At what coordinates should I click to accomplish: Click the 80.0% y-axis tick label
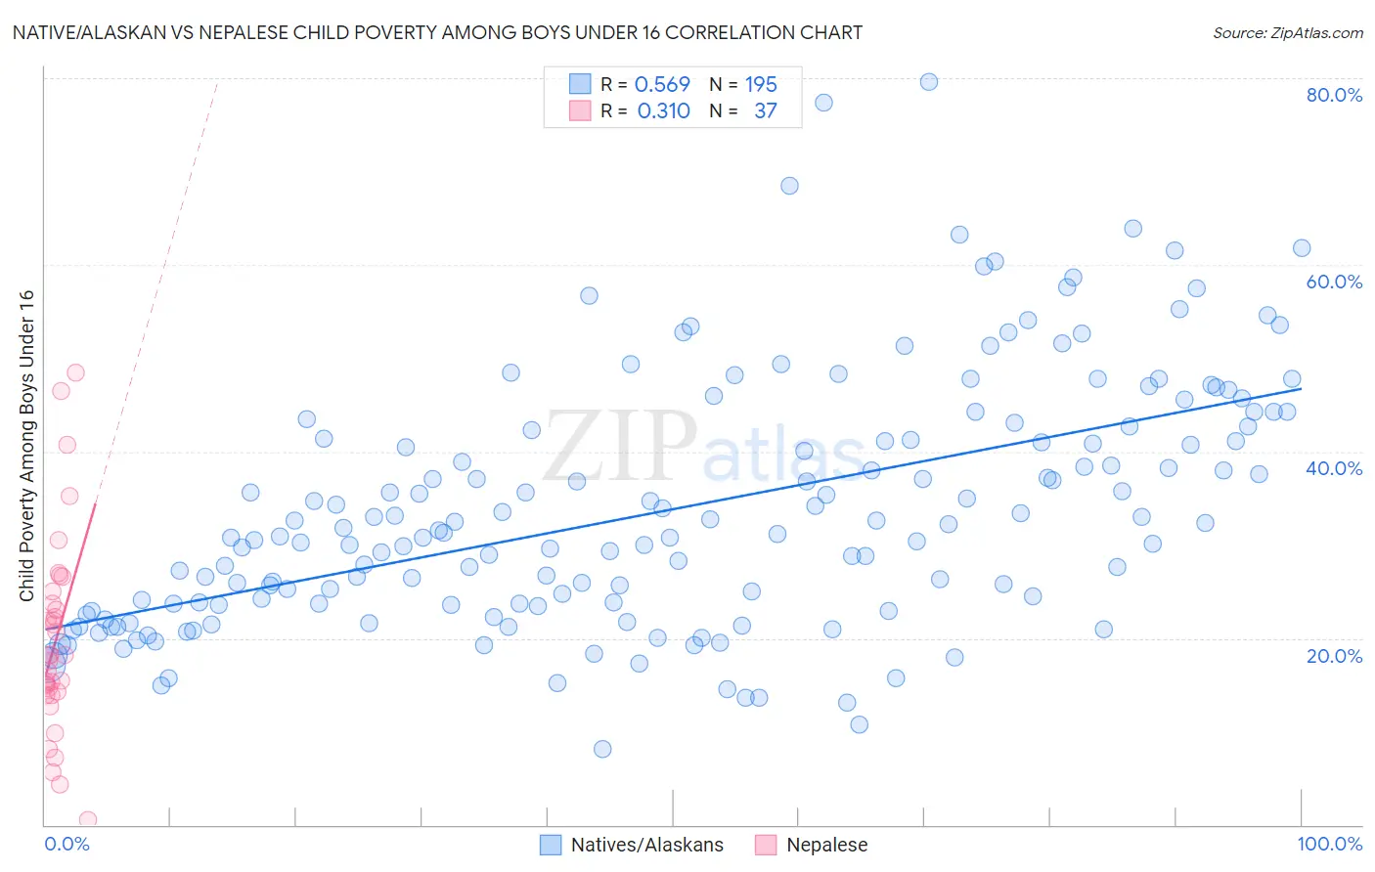1334,95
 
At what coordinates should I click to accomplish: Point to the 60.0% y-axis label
1334,282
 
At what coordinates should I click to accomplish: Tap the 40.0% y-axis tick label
1334,468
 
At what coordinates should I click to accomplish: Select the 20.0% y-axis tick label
1334,656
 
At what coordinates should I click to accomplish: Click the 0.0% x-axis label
67,844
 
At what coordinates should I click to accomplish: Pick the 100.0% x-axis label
1329,844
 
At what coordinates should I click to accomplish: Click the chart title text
437,32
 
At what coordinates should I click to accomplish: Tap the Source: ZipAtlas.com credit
1287,33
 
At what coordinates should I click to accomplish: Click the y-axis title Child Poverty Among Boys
26,446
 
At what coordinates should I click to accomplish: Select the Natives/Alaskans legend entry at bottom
633,845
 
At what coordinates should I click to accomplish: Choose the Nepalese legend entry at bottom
812,845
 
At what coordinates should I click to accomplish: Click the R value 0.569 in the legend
662,85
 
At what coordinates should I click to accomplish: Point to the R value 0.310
663,111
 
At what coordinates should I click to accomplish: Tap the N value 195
761,85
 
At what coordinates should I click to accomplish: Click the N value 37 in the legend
765,111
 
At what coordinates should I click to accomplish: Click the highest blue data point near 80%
929,82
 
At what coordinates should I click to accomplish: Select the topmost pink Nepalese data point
75,372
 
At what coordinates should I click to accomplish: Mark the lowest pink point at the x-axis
87,820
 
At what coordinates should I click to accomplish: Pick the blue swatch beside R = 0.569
580,84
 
